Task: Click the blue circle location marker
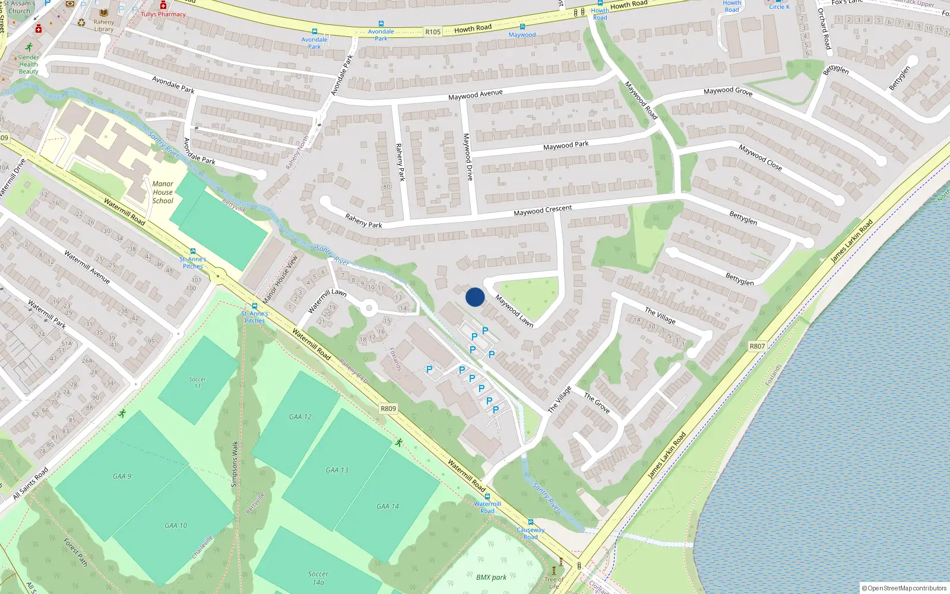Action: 475,297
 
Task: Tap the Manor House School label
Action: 163,192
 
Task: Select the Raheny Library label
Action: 103,26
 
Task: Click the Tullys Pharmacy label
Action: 163,14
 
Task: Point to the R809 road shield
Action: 388,409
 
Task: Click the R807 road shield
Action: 757,346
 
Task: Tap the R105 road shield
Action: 433,32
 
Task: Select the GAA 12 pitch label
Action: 300,417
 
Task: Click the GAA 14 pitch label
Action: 388,507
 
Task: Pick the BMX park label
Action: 492,577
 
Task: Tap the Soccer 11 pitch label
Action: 198,383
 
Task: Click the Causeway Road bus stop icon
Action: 530,522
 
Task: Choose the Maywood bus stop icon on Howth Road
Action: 522,27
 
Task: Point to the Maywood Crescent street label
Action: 543,210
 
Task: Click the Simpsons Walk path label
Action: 235,465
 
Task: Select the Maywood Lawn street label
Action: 514,311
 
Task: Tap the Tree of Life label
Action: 554,583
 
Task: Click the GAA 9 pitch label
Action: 122,476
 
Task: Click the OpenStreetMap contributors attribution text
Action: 904,588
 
